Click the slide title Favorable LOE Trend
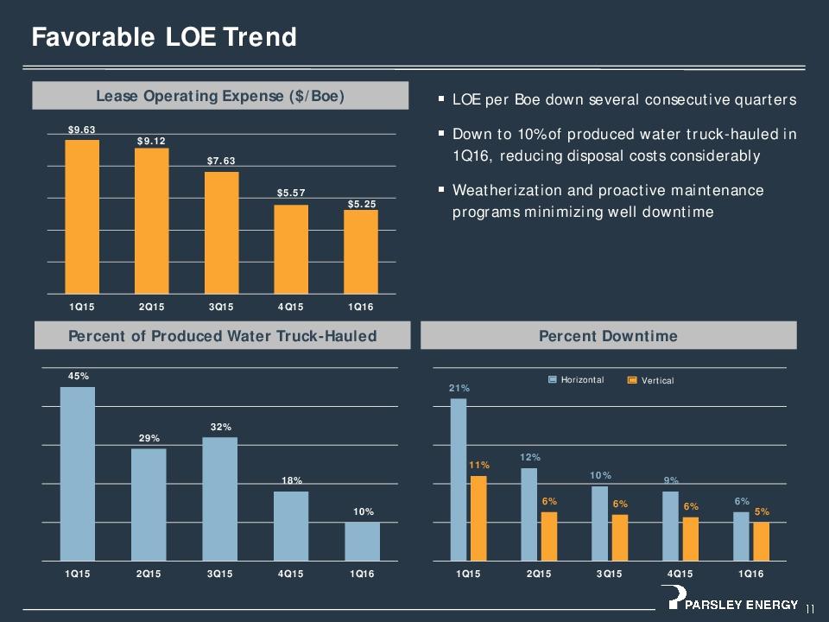point(164,37)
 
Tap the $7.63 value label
point(220,162)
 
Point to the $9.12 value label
point(151,141)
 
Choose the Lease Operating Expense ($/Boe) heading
point(220,96)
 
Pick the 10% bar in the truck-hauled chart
point(362,541)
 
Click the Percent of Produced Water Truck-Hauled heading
point(222,335)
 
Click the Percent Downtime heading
point(608,335)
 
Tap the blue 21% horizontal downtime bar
point(459,479)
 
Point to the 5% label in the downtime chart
point(762,512)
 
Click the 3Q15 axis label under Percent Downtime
point(608,573)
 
